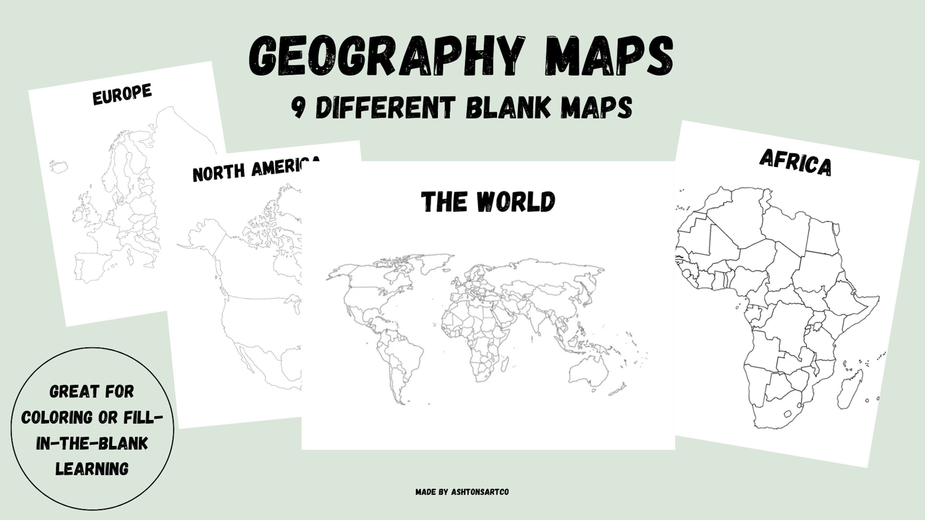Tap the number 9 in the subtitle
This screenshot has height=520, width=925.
[x=298, y=107]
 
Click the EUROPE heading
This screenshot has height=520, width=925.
[x=122, y=94]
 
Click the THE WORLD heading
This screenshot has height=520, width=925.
[x=488, y=201]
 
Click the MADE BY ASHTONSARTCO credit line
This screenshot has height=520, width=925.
[x=462, y=492]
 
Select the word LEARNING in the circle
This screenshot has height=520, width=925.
[x=92, y=469]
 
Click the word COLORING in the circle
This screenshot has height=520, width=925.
[x=57, y=417]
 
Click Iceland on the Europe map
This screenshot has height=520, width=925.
[x=59, y=166]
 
